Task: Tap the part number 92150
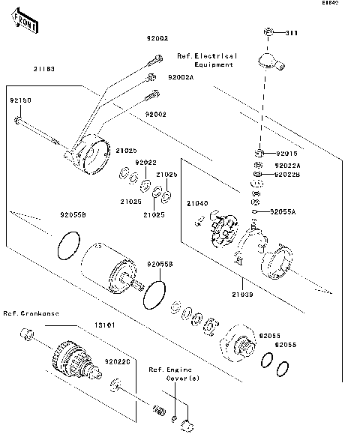tap(20, 100)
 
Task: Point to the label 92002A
tap(180, 77)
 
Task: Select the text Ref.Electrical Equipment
tap(207, 60)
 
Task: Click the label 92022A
tap(288, 165)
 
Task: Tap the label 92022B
tap(288, 175)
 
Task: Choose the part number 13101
tap(103, 327)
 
